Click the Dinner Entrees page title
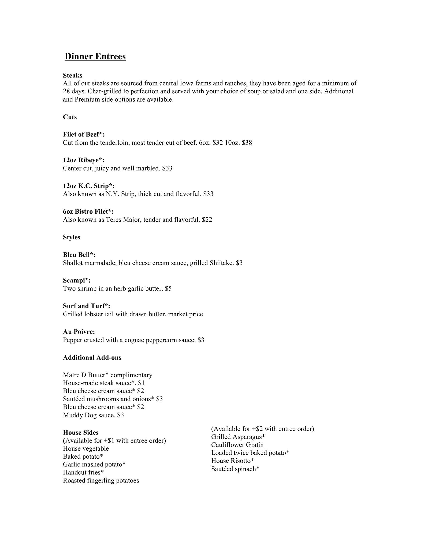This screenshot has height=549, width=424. tap(95, 56)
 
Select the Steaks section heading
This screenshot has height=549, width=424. tap(72, 75)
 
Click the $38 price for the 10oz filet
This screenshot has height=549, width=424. tap(247, 143)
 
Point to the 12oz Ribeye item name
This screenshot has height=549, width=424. tap(83, 160)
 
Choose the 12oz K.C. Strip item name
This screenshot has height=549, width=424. tap(89, 186)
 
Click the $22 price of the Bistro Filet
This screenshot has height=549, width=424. tap(207, 220)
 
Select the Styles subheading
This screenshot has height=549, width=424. tap(72, 237)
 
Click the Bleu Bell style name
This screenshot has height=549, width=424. tap(79, 255)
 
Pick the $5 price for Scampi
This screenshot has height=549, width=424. tap(168, 289)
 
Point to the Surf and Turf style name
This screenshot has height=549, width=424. tap(87, 306)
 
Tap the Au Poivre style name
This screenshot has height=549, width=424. tap(79, 332)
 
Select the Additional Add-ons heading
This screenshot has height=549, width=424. tap(92, 358)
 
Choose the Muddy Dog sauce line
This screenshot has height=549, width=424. tap(93, 415)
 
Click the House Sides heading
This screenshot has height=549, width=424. tap(81, 432)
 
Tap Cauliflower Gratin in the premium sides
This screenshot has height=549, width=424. tap(237, 445)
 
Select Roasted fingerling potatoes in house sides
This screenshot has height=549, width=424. tap(101, 480)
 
